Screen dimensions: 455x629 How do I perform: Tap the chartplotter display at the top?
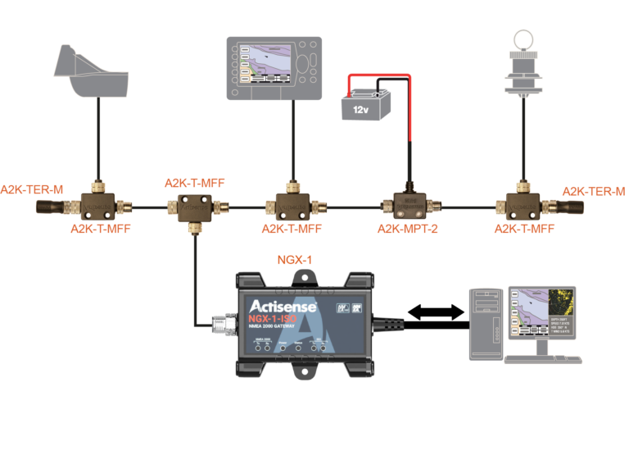274,65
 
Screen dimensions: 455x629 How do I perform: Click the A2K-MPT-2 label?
407,230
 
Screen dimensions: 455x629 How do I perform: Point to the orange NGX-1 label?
294,261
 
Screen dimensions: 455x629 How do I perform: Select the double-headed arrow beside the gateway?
432,312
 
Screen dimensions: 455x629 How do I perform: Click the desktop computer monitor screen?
541,312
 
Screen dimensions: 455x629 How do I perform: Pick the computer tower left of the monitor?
486,323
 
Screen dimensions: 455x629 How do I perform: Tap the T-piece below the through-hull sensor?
522,203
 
